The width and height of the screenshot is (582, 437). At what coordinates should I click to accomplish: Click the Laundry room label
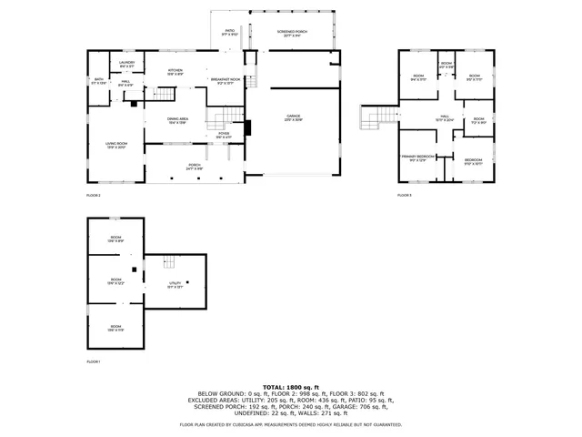coord(126,64)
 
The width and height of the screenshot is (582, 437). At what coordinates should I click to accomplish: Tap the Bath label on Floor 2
coord(99,82)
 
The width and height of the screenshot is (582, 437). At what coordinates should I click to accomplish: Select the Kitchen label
coord(176,72)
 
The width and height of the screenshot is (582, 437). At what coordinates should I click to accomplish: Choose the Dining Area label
coord(178,121)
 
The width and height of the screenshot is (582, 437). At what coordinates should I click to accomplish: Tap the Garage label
coord(294,117)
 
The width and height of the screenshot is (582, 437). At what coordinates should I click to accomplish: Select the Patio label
coord(230,34)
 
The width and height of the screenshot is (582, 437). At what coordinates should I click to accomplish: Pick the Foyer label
coord(223,136)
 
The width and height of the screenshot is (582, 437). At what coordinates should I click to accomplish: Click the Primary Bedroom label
coord(419,158)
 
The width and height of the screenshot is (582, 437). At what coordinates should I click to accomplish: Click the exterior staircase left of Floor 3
coord(373,117)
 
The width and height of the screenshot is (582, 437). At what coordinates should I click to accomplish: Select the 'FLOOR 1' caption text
coord(94,362)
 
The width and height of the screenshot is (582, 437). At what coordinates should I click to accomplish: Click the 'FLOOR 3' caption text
coord(405,195)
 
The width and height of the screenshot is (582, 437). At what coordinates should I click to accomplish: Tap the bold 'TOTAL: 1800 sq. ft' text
coord(290,387)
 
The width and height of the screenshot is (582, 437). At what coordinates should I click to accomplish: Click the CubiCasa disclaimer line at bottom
coord(290,424)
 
